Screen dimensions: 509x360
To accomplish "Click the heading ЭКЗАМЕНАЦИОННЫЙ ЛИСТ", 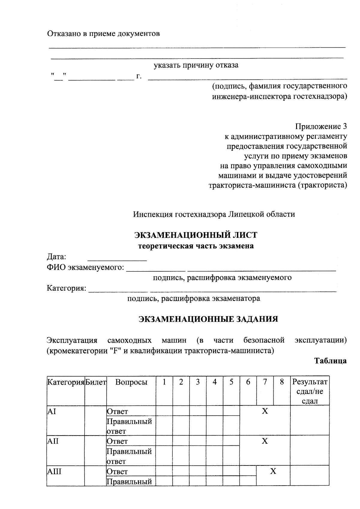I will tap(196, 235).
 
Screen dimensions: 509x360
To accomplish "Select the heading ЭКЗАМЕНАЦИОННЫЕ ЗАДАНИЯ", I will tap(208, 319).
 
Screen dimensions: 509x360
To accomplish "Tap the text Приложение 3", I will tap(321, 127).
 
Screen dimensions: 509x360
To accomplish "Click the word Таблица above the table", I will tap(330, 361).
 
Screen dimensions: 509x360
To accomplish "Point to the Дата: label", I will tap(56, 257).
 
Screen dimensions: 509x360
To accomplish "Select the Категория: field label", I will tap(66, 289).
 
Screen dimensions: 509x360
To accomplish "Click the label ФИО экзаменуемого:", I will tap(85, 267).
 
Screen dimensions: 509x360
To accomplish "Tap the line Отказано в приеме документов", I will tap(103, 34).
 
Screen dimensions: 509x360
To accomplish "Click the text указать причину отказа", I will tap(196, 65).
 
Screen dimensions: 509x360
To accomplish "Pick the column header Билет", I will tap(96, 382).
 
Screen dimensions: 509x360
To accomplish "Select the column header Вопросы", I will tap(131, 382).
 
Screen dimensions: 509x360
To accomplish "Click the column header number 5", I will tap(231, 382).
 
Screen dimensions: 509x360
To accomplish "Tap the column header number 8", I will tap(281, 382).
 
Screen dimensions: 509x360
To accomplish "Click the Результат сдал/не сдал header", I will tap(310, 391).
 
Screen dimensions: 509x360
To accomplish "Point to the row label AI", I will tap(52, 412).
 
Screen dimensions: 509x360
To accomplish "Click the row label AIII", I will tap(54, 472).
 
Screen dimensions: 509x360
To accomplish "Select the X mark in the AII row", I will tap(265, 441).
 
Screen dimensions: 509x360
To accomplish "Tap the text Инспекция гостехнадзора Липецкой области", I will tap(214, 214).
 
